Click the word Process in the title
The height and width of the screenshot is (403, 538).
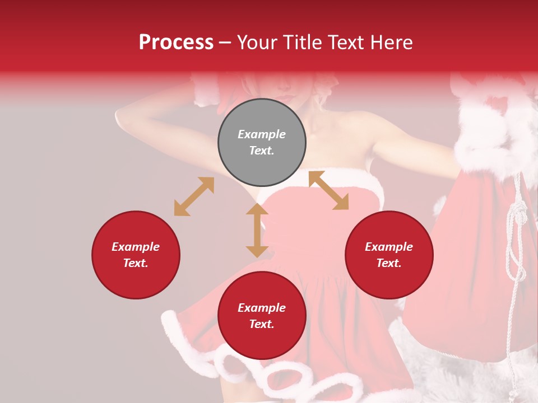pos(176,43)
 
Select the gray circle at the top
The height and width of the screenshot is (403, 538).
pos(262,142)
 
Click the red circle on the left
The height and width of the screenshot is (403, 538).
pos(136,255)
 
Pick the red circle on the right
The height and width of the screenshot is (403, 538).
pos(389,255)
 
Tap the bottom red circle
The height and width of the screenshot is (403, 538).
pos(262,316)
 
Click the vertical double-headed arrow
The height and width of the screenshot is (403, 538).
pos(257,231)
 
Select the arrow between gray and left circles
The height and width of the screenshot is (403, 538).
pos(194,196)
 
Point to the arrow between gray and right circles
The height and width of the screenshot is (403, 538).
pos(328,190)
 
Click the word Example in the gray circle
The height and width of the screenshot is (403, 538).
pos(262,134)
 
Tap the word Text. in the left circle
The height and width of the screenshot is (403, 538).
pos(136,263)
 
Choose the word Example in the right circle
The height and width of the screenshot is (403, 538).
pos(389,247)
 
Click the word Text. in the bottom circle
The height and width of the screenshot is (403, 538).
pos(262,324)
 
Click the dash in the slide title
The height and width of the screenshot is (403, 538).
pos(225,43)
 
